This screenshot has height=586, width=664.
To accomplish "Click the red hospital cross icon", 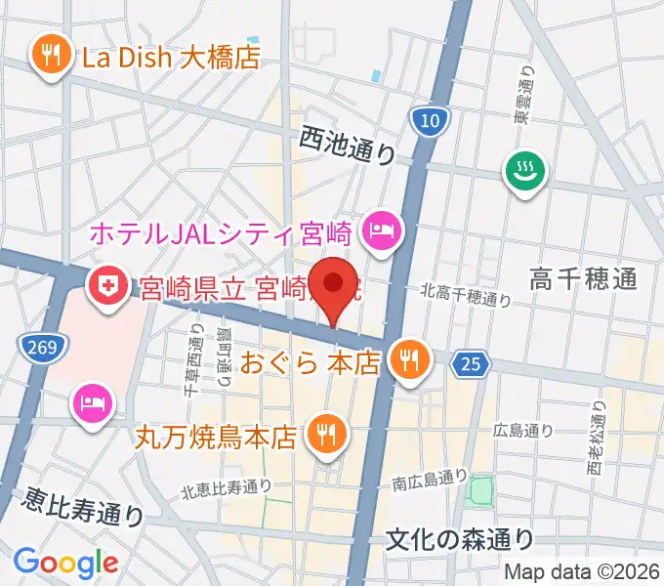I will [106, 285].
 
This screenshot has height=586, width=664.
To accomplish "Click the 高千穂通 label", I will [584, 280].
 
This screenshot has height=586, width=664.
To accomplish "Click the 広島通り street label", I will [524, 429].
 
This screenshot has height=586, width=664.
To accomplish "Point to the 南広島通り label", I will [430, 480].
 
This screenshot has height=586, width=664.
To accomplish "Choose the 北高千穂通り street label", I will [467, 294].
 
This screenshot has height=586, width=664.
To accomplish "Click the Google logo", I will [65, 563].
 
